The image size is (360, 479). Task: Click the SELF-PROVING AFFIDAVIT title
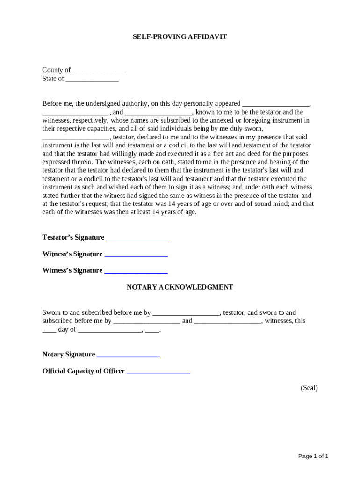180,36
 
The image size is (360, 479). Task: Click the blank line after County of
99,71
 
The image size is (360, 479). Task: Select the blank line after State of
92,79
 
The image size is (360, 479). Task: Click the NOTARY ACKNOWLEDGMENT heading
180,287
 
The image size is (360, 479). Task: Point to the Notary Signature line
128,355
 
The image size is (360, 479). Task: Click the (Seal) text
309,388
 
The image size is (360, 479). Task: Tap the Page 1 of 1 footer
314,456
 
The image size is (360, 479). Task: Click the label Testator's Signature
73,237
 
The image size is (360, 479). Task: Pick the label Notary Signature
69,355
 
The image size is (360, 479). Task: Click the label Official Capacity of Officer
84,371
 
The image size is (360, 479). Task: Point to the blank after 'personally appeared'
276,104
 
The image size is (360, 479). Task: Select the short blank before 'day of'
49,330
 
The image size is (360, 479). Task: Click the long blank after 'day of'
110,330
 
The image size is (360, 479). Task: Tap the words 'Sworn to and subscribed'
80,312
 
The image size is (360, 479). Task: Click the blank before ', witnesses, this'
228,322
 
